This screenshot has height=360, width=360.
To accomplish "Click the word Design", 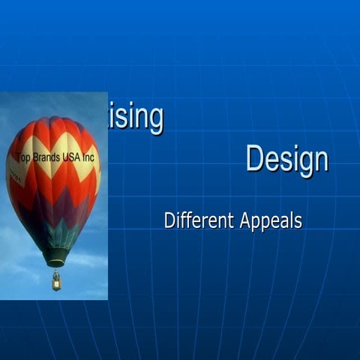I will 286,160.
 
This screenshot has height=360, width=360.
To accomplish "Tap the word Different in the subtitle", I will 199,221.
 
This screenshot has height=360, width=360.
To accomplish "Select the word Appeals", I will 271,222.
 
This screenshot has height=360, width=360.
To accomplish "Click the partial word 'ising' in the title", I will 136,118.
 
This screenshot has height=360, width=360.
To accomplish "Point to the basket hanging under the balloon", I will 56,281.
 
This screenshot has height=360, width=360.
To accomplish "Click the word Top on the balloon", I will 26,158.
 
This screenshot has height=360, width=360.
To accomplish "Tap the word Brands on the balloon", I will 52,158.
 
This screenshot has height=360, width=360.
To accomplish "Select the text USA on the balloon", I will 77,158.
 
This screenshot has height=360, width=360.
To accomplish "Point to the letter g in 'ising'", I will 154,120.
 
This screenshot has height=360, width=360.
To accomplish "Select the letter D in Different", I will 169,220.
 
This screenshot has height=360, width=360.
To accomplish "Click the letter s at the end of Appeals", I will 298,222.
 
